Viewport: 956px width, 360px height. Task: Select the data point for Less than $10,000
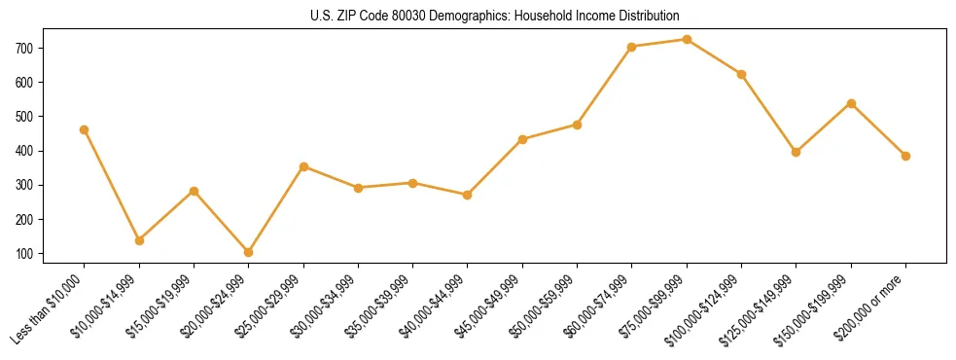(85, 129)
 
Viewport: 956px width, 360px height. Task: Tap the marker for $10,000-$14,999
(139, 240)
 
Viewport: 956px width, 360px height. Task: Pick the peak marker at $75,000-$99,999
(687, 40)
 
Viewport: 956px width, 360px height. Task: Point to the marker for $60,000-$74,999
(632, 47)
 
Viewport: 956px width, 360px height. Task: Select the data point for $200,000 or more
(905, 156)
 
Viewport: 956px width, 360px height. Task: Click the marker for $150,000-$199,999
(851, 103)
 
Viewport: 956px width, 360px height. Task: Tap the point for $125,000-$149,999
(797, 152)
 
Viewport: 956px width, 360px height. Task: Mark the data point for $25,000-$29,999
(303, 166)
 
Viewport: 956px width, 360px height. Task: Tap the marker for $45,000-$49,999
(523, 139)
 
